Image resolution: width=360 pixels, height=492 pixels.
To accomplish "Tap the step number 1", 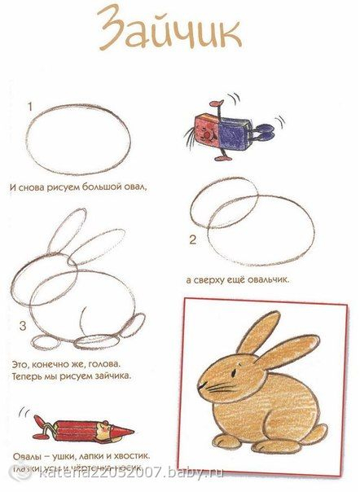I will click(29, 106).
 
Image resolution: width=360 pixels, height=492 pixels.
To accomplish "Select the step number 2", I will click(192, 239).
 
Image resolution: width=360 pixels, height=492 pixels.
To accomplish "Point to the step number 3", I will click(23, 326).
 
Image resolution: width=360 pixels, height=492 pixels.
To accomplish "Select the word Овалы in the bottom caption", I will click(29, 455).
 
